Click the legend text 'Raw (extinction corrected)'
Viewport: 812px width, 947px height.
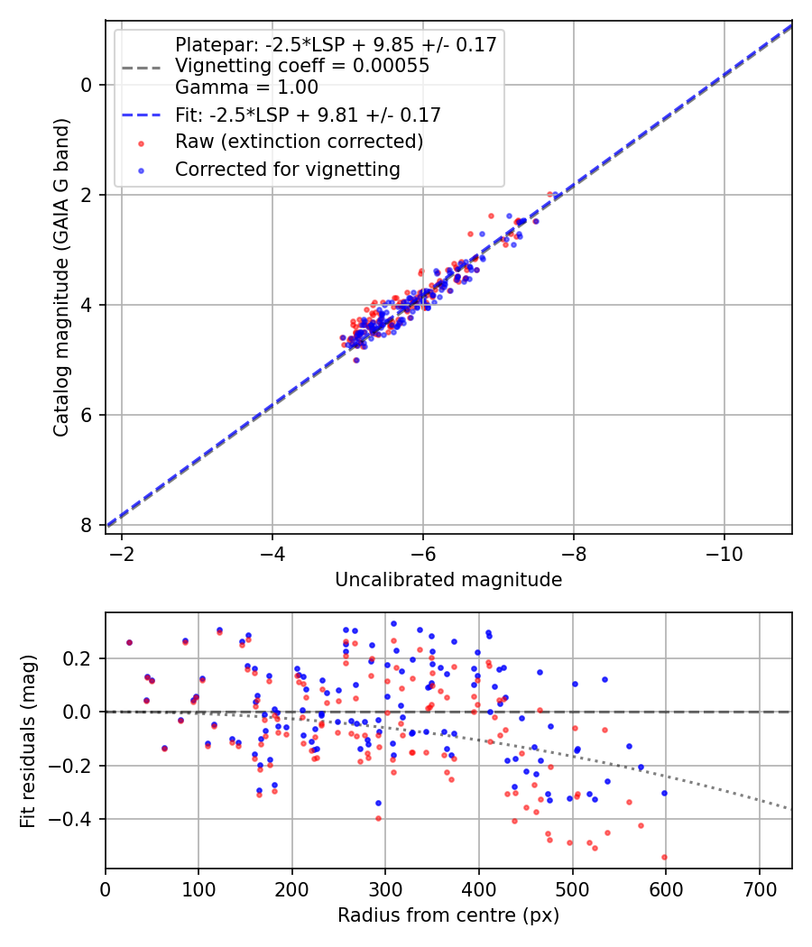299,142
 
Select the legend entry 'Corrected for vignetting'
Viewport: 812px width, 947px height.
287,169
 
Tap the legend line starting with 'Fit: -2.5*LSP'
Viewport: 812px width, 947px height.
308,115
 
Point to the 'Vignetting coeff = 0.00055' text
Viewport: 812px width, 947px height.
302,66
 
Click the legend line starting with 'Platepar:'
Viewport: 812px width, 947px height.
336,44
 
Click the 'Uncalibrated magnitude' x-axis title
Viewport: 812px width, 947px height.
448,580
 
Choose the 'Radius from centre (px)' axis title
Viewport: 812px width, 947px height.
448,915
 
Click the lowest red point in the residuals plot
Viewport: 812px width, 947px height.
664,857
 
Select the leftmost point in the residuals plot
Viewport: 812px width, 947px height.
129,642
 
